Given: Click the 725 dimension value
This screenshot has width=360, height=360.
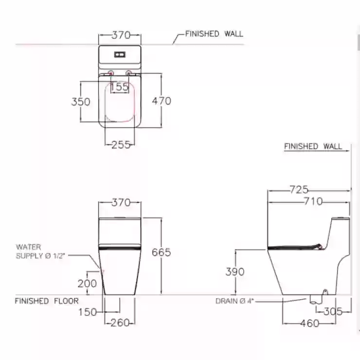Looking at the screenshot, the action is (x=299, y=189).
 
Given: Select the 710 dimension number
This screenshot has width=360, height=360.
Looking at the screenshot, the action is (x=313, y=201).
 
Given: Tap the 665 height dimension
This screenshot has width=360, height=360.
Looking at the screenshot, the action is (x=161, y=252).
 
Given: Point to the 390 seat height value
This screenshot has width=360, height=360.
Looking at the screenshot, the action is (x=235, y=271).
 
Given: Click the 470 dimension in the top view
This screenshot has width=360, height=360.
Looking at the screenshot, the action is (x=162, y=101).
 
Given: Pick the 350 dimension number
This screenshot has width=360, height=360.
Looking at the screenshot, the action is (x=81, y=102).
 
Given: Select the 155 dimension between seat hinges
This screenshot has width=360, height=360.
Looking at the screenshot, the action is (x=119, y=87).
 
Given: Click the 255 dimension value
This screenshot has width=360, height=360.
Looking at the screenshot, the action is (x=121, y=144).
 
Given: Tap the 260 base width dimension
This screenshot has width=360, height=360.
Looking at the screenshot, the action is (x=120, y=323).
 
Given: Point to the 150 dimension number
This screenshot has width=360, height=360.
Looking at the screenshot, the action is (x=88, y=312).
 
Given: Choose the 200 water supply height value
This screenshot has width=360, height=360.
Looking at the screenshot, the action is (x=87, y=283).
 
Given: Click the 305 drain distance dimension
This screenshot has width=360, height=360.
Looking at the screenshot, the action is (x=333, y=311).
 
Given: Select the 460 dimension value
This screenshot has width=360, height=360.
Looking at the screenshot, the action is (x=310, y=323).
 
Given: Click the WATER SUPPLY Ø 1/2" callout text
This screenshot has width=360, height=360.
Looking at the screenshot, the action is (x=40, y=252).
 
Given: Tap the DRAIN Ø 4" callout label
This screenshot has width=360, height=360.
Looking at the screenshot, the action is (x=234, y=301).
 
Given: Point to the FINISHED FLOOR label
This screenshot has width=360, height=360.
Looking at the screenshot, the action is (x=47, y=301).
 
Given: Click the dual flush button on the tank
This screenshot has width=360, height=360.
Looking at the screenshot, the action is (x=120, y=54).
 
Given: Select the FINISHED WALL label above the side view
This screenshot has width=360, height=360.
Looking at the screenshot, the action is (x=313, y=146).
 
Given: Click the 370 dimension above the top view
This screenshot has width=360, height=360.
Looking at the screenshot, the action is (x=121, y=35).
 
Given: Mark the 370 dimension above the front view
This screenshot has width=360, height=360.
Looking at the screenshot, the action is (x=121, y=202).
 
